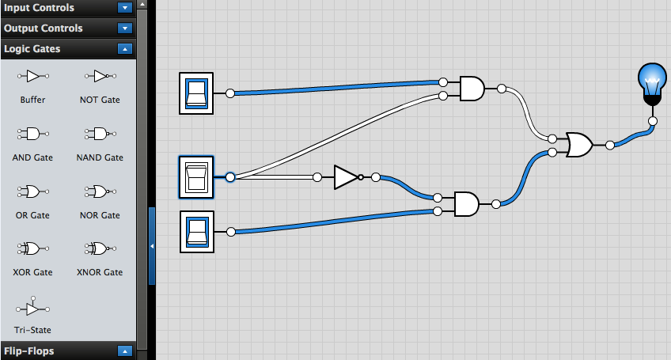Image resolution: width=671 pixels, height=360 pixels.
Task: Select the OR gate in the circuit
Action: (579, 145)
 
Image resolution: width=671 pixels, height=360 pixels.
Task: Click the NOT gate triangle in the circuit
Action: (346, 177)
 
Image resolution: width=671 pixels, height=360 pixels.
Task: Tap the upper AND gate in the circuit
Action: (472, 88)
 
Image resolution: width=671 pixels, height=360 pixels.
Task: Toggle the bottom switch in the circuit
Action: (196, 232)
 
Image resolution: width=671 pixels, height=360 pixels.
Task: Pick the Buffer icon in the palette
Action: (32, 76)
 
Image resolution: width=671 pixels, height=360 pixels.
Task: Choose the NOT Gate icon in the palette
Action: (100, 76)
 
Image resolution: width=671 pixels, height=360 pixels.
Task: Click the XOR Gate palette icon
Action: (32, 248)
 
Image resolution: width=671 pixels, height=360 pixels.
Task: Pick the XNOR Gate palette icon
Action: (100, 248)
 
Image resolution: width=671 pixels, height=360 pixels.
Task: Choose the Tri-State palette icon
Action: (32, 306)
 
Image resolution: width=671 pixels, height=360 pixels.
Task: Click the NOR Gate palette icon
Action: (100, 191)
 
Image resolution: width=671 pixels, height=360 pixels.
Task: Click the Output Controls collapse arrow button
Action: (124, 28)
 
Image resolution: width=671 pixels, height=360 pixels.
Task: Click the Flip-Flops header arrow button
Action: (124, 351)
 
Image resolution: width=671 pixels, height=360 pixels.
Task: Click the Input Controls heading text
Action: (40, 8)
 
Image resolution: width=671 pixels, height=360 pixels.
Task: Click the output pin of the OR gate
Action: (609, 146)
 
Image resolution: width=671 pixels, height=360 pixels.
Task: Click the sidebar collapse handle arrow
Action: (152, 246)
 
